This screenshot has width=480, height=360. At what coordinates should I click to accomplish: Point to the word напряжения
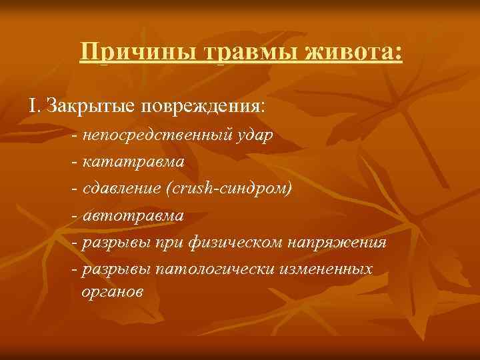coord(336,242)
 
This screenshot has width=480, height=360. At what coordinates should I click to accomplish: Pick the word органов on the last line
coord(111,291)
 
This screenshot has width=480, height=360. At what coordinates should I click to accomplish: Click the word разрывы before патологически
coord(115,269)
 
